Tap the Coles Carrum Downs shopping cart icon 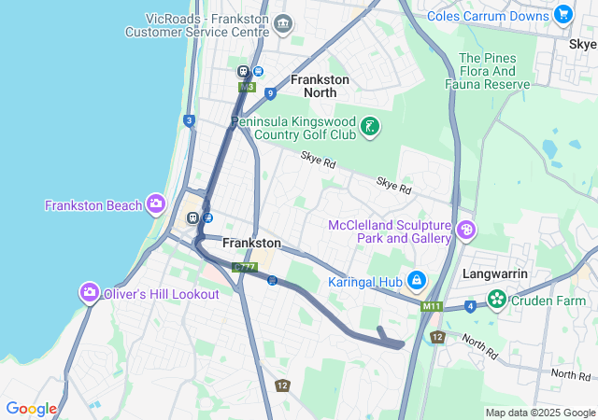coord(562,14)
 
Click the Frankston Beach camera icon coord(156,204)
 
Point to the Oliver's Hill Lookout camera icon coord(90,293)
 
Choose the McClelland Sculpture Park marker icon coord(466,230)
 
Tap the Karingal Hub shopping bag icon coord(417,280)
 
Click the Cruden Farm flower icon coord(498,300)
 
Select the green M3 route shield coord(247,87)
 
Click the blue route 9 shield coord(269,92)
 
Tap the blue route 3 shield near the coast coord(190,120)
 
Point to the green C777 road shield coord(245,268)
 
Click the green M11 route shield coord(431,305)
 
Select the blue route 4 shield coord(469,305)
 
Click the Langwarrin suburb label coord(496,274)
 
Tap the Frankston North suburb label coord(320,86)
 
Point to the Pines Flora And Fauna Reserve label coord(494,71)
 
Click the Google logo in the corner coord(31,409)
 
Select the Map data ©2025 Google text coord(539,413)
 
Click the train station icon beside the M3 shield coord(243,70)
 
